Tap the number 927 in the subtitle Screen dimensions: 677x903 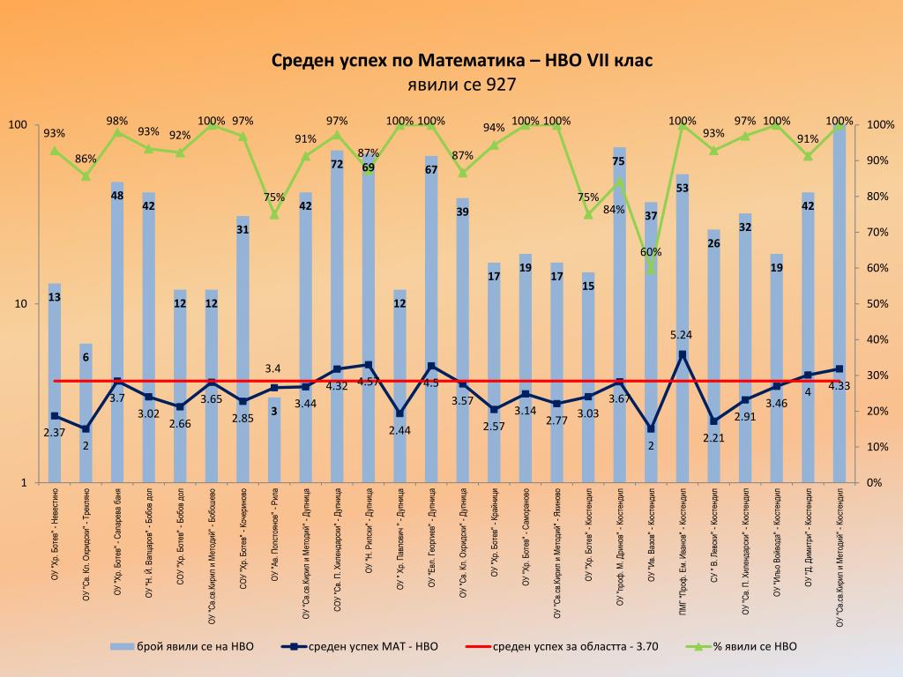click(498, 86)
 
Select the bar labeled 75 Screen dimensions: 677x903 click(619, 309)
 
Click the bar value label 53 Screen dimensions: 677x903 click(682, 188)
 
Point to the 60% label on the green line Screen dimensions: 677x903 click(651, 252)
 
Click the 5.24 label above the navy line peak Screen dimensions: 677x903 click(682, 335)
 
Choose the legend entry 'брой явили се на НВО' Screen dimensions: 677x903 click(182, 646)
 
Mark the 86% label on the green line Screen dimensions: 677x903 click(86, 159)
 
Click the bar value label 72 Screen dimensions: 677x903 click(337, 164)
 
